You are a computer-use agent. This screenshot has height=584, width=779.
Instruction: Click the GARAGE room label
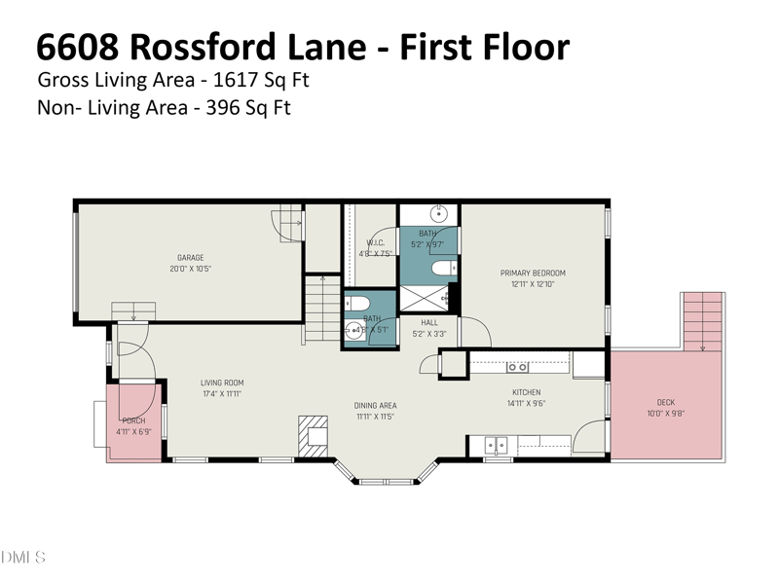190,258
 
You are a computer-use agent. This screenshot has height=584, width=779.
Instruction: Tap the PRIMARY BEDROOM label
533,273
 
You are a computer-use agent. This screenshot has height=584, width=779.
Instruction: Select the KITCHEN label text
527,392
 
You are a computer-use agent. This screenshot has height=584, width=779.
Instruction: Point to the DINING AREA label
375,405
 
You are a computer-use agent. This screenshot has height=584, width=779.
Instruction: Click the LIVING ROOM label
222,383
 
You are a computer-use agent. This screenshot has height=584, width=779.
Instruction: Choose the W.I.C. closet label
376,242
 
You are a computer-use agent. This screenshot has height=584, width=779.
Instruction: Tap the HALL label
429,322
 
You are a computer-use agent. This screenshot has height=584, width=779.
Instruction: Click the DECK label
666,402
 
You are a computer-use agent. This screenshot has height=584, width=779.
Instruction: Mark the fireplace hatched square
315,432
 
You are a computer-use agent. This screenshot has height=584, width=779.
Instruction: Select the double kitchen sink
497,446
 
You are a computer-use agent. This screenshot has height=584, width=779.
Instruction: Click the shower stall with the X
428,298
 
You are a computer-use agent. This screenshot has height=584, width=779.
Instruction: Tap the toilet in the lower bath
354,302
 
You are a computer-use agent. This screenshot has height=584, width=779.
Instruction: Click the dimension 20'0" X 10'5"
190,269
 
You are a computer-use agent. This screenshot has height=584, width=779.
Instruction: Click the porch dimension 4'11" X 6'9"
133,431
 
